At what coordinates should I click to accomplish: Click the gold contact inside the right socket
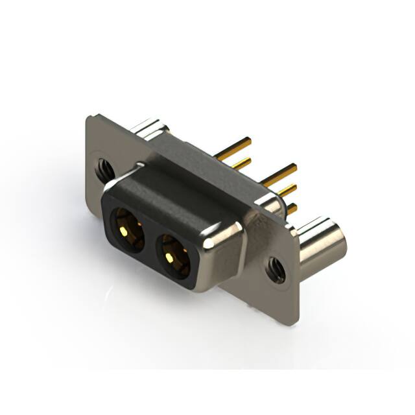169,257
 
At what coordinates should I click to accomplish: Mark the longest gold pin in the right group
279,172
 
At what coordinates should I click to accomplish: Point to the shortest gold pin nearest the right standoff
292,209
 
